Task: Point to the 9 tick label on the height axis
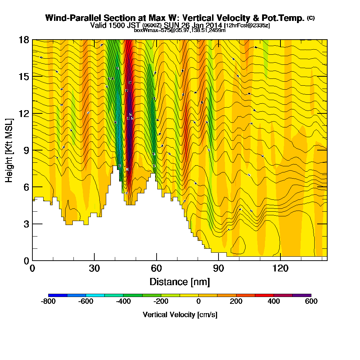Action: point(26,150)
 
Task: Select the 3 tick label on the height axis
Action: point(26,224)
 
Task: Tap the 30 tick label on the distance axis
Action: point(94,268)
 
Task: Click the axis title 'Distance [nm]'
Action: point(180,282)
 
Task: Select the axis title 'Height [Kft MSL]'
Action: point(9,150)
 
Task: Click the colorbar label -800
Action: point(48,302)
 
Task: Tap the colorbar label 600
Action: point(311,302)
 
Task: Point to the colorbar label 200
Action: point(236,302)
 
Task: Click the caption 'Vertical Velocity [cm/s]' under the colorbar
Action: point(180,315)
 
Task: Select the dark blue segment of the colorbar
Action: point(58,295)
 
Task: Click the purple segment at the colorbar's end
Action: point(302,295)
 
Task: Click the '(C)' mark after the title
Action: point(311,18)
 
